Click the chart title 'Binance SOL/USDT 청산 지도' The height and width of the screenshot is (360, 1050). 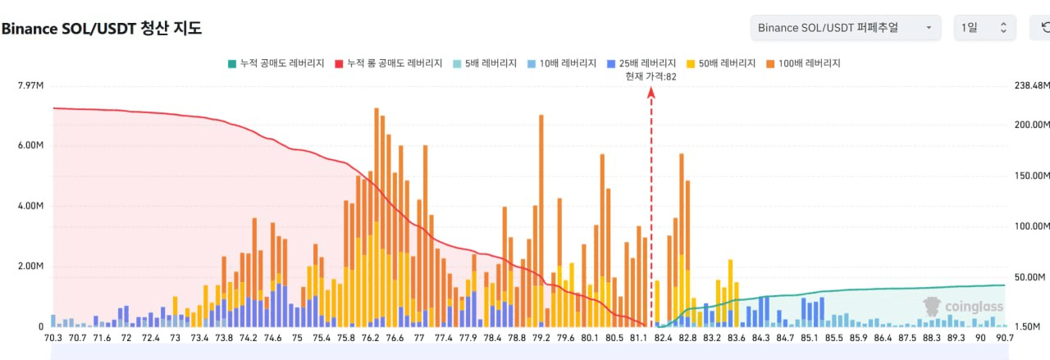[x=102, y=28]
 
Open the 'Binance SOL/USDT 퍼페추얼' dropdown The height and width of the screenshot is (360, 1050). [x=846, y=28]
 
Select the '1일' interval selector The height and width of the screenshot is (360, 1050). [x=985, y=28]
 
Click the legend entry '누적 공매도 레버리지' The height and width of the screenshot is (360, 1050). [x=276, y=63]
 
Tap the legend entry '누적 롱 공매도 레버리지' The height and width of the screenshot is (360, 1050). [x=389, y=63]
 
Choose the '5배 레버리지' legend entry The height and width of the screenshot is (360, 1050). [x=485, y=63]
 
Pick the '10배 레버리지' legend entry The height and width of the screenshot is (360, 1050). [x=562, y=63]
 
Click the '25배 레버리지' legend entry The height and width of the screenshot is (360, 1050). [x=641, y=63]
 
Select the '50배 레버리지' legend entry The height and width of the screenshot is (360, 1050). [x=721, y=63]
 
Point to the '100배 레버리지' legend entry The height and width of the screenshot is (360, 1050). [x=803, y=63]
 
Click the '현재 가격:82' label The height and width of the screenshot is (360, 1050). [x=651, y=76]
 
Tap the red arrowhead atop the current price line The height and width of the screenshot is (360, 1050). [x=651, y=93]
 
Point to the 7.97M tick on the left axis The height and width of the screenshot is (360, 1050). [x=30, y=85]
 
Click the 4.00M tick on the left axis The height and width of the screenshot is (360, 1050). [x=30, y=206]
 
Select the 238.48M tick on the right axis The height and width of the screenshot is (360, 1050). [x=1032, y=85]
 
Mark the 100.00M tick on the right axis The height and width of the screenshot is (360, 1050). [x=1032, y=226]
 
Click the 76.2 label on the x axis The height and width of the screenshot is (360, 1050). [x=370, y=338]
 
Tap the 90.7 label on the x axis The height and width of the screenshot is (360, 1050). [x=1005, y=338]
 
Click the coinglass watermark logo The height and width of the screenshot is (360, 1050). [x=963, y=307]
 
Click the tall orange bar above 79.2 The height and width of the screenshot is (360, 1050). [x=541, y=221]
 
